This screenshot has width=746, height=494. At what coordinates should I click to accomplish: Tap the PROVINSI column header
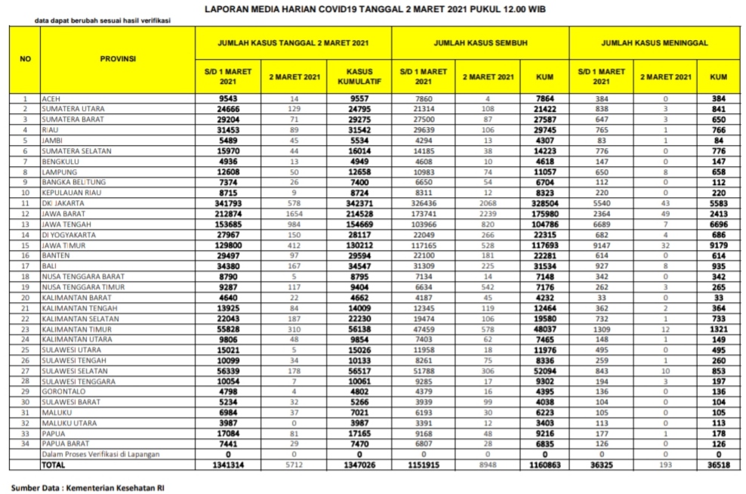click(x=118, y=59)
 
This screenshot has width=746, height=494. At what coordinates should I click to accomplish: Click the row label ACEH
click(x=51, y=99)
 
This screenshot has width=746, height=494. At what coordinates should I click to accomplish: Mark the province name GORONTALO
click(x=63, y=394)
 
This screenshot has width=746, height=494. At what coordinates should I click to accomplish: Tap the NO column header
click(x=25, y=59)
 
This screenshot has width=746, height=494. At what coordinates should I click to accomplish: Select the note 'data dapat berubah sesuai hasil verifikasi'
click(x=103, y=20)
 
